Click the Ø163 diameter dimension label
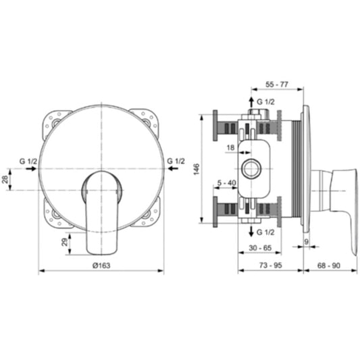[101, 265]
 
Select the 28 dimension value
[5, 179]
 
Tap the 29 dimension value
[66, 242]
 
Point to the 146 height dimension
[197, 170]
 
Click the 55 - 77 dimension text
[277, 84]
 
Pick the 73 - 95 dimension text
[270, 265]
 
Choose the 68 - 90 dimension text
[329, 265]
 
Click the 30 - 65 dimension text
[260, 248]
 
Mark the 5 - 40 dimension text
[227, 183]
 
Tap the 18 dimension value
[230, 148]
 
